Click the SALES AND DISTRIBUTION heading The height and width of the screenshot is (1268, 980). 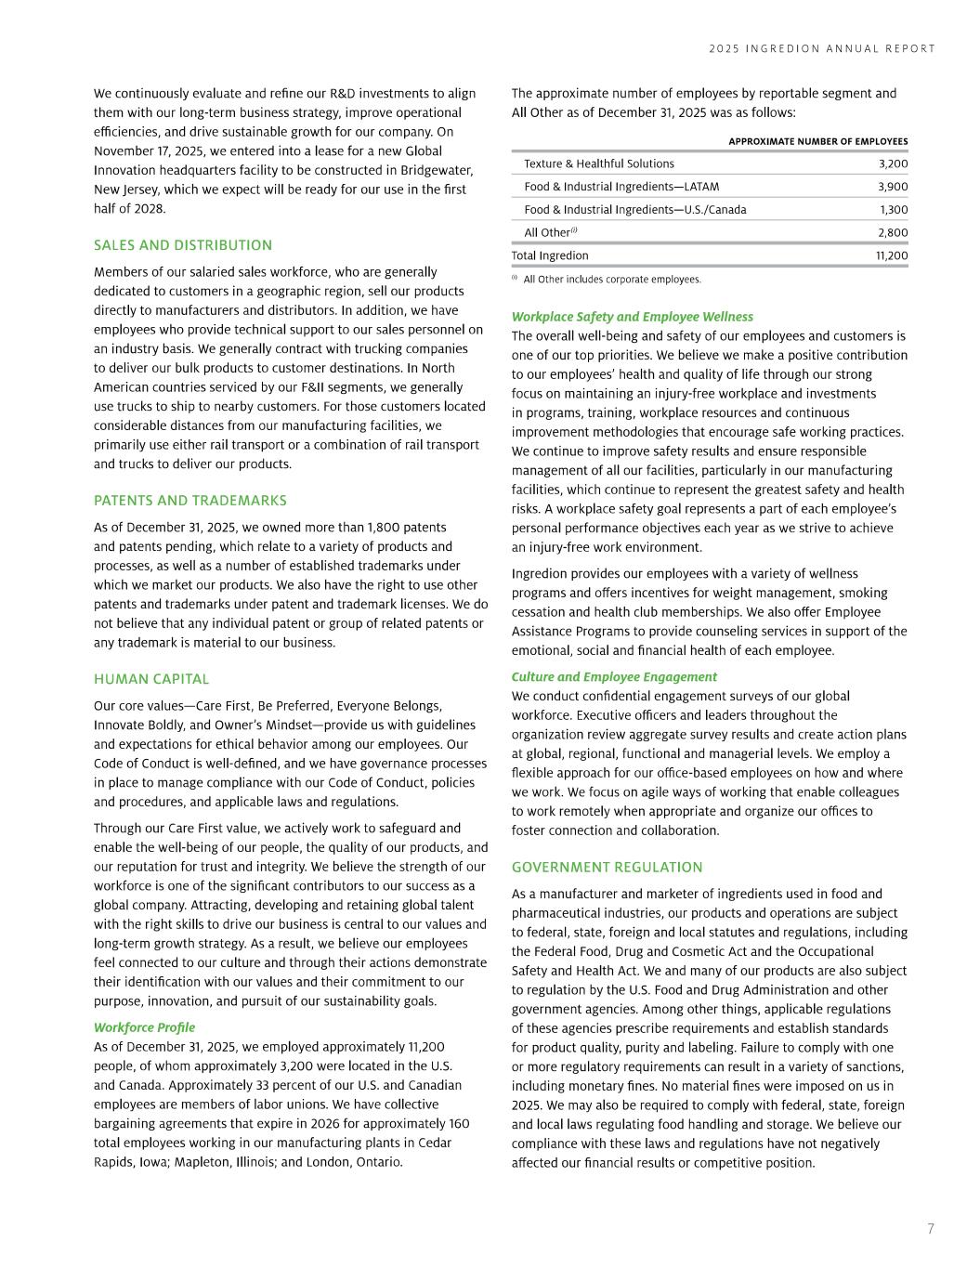[183, 245]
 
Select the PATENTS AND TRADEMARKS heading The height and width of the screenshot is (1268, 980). [190, 501]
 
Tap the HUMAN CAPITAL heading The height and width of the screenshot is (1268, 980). [151, 679]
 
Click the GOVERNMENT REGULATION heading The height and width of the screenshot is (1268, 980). [607, 868]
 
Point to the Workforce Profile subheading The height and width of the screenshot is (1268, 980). [144, 1027]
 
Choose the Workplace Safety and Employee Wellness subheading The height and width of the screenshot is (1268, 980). [632, 317]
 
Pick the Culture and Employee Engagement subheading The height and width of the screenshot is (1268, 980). [614, 677]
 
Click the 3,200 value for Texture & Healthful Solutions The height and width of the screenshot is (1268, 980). [893, 163]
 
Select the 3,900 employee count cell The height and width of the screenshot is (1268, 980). [893, 187]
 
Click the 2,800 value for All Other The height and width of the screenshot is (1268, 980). [893, 232]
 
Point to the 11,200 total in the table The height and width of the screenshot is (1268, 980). [892, 255]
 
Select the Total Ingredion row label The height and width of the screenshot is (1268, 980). [550, 255]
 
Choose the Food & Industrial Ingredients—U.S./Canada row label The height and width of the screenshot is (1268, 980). [635, 210]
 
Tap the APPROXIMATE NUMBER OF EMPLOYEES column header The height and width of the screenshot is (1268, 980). [817, 141]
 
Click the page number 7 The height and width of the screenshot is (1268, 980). [931, 1229]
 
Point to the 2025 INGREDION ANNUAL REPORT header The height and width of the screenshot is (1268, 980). [822, 49]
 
